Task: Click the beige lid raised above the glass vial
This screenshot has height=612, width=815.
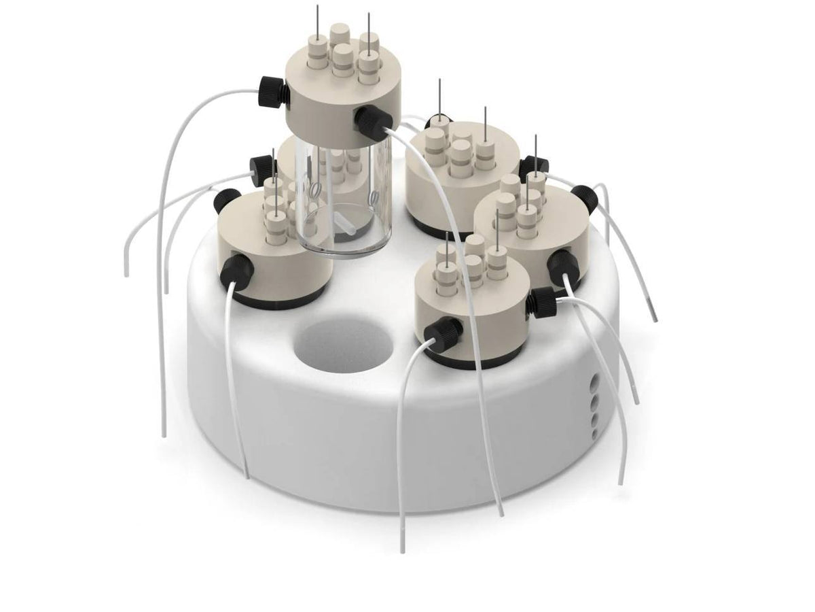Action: click(343, 95)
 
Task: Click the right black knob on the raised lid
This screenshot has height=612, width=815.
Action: click(370, 120)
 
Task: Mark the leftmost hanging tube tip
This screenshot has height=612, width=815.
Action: click(127, 271)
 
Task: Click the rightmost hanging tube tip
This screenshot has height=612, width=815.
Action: click(655, 318)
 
